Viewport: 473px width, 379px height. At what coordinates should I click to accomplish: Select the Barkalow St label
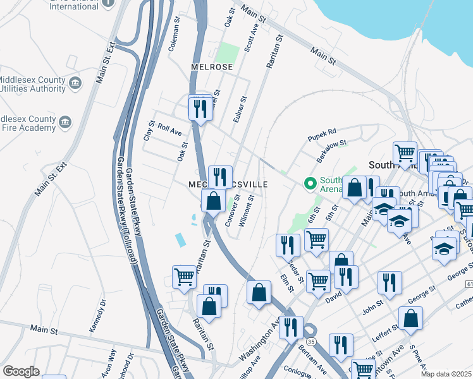coord(332,148)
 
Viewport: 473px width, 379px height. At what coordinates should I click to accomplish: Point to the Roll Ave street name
coord(169,129)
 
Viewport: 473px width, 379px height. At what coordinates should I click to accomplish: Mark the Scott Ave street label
coord(251,40)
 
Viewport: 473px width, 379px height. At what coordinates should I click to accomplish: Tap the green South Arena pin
coord(310,184)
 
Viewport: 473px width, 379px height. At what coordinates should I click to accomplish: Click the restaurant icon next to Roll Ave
coord(200,109)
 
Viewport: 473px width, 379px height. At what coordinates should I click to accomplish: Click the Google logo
coord(21,371)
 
